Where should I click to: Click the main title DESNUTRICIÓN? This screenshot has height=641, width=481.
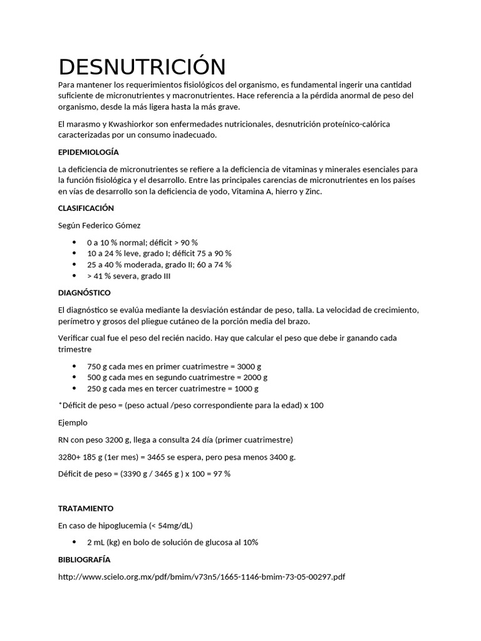(x=142, y=67)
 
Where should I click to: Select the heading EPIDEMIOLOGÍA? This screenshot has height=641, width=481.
(x=88, y=152)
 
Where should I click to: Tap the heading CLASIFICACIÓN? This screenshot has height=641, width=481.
(x=86, y=208)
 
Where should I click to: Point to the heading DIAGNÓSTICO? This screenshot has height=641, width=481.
(x=84, y=292)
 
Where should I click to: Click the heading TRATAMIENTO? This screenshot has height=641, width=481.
(x=86, y=508)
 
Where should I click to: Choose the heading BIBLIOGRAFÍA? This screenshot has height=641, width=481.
(x=84, y=559)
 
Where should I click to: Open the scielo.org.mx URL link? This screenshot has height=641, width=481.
(x=201, y=576)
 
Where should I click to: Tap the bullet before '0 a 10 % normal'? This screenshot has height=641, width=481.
(x=75, y=242)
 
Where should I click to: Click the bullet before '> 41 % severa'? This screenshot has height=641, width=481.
(x=75, y=275)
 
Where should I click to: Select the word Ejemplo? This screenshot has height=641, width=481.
(x=73, y=423)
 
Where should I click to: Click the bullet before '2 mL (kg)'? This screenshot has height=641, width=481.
(x=75, y=541)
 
